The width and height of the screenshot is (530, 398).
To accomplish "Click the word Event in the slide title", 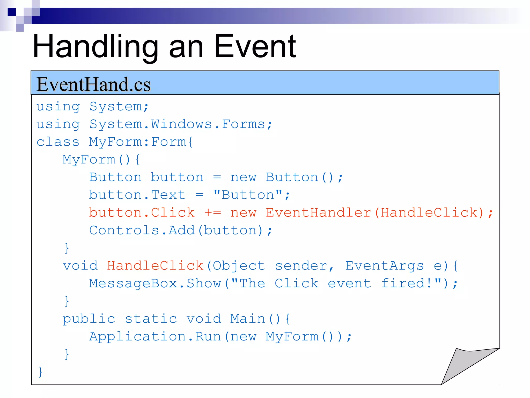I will (255, 47).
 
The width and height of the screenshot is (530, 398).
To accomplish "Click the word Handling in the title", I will (95, 47).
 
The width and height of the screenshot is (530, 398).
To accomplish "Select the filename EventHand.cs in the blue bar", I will (93, 84).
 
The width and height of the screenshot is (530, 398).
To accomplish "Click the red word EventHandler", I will (319, 213).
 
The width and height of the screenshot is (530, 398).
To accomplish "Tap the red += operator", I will (213, 213).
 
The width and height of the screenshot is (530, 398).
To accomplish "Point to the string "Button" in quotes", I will (248, 195).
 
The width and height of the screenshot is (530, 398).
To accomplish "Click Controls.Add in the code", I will (142, 230).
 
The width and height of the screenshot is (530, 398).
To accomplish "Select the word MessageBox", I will (133, 283).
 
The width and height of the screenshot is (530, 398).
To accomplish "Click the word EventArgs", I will (384, 266).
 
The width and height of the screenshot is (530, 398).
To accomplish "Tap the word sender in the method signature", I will (301, 266).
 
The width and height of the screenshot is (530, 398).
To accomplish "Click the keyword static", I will (151, 319).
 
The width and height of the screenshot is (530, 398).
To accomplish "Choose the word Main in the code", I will (248, 319).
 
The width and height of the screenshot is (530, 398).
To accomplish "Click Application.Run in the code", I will (155, 337).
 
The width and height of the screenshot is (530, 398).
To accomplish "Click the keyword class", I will (58, 142).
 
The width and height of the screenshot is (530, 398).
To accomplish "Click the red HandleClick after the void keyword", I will (155, 266).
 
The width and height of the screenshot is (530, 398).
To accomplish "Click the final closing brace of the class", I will (40, 372).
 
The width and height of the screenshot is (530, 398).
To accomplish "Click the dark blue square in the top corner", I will (12, 12).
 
